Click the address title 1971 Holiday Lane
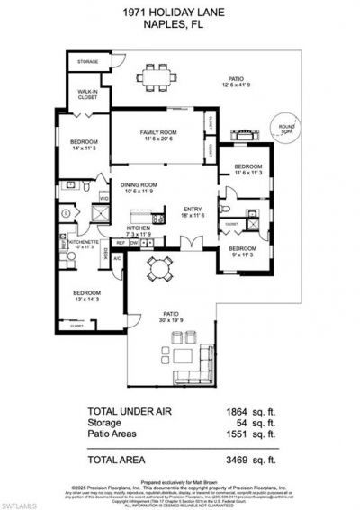click(x=180, y=11)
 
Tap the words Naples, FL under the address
click(x=180, y=24)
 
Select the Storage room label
click(x=86, y=62)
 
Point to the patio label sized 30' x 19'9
click(x=170, y=317)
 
